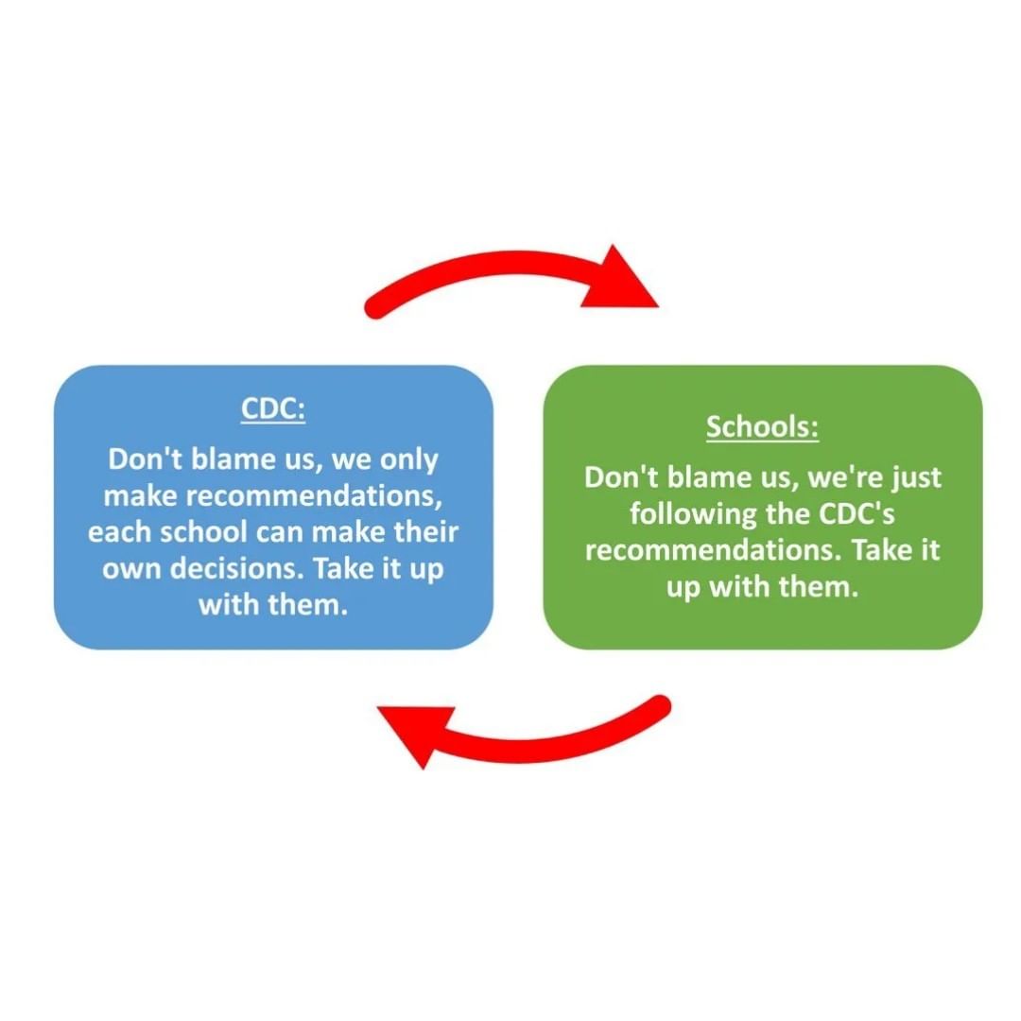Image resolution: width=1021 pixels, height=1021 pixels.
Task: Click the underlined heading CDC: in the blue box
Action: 273,410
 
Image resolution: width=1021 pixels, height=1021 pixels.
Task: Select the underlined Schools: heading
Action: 762,426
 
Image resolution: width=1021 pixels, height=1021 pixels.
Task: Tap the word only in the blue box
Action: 409,460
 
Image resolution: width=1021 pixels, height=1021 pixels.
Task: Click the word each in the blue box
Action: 117,532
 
